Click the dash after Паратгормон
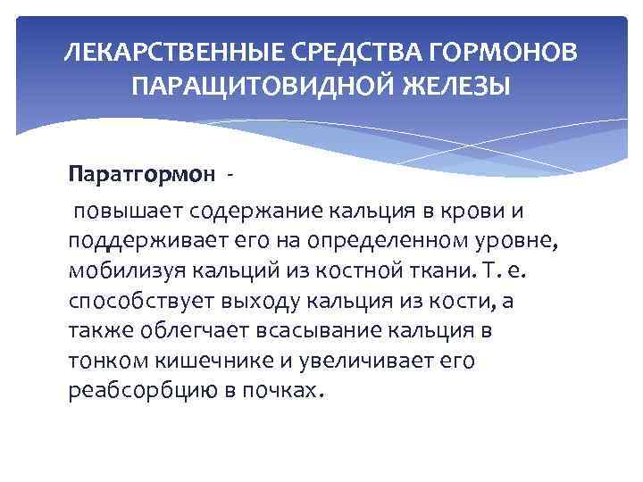click(230, 173)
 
